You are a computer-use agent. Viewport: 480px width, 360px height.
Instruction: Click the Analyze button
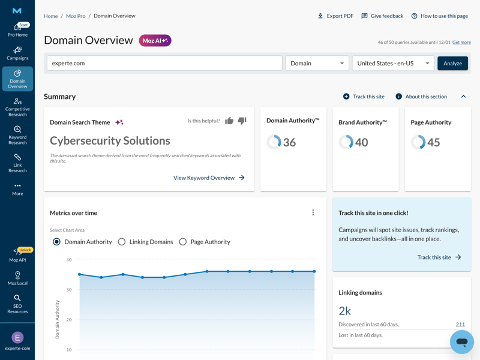(452, 63)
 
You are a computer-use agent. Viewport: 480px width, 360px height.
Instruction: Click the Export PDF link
(335, 16)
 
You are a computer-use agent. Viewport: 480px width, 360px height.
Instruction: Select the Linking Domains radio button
(122, 242)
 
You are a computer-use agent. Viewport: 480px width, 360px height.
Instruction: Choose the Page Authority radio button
(183, 242)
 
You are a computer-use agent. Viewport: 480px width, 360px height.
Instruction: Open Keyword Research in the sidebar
(17, 135)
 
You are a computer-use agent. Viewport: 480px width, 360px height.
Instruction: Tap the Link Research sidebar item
(17, 162)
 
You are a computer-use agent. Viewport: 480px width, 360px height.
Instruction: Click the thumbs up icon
(229, 121)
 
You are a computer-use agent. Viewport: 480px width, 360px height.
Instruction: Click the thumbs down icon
(242, 121)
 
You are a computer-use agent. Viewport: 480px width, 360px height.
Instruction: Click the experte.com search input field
(164, 63)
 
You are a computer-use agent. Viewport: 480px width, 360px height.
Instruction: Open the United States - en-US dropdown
(393, 63)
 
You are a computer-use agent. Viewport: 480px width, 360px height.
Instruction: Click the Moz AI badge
(155, 41)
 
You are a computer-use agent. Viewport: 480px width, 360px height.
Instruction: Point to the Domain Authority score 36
(289, 142)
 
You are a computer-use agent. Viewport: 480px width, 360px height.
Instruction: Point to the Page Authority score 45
(433, 142)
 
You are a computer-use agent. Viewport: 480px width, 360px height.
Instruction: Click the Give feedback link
(382, 16)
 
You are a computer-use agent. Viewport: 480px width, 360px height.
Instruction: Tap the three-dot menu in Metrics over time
(313, 212)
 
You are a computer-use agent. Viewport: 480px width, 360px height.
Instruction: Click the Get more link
(461, 43)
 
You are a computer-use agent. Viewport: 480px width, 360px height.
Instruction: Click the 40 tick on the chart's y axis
(69, 260)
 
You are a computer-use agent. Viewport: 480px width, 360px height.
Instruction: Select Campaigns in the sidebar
(17, 53)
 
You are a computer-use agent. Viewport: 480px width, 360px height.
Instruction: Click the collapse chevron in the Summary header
(463, 97)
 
